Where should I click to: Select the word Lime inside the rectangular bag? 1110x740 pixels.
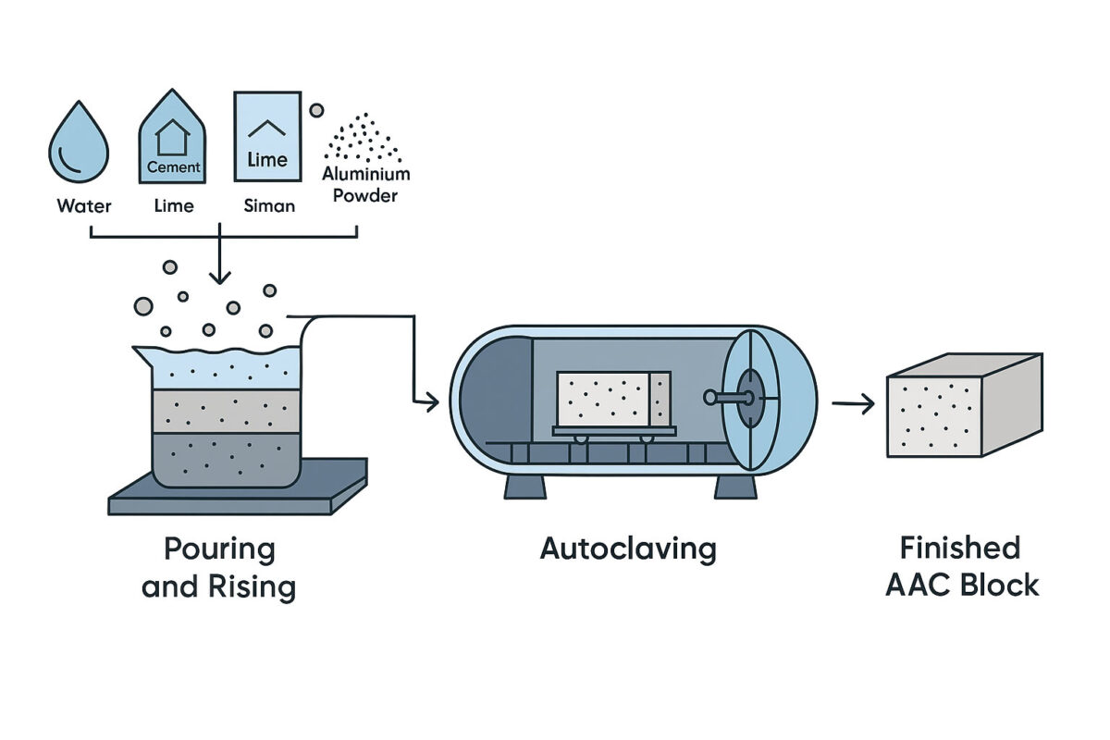267,160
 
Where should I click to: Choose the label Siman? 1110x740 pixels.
269,205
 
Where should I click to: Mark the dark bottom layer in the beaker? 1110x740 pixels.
227,459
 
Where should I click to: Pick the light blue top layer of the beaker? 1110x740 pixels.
227,370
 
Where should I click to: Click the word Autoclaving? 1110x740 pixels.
628,549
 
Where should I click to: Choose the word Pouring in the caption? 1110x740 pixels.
219,549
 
